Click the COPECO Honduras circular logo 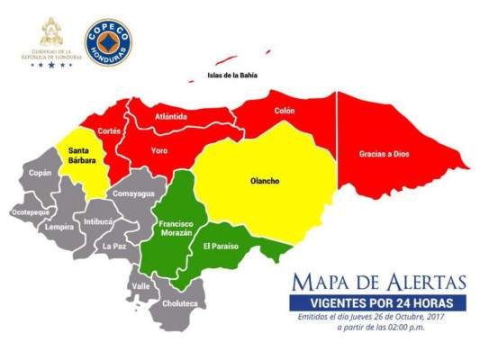[x=107, y=42]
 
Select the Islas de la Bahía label [x=232, y=75]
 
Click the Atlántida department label [x=171, y=116]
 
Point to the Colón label [x=285, y=111]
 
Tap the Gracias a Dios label [x=384, y=154]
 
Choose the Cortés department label [x=109, y=130]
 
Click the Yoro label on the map [x=159, y=149]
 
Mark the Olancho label [x=264, y=181]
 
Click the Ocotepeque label [x=31, y=212]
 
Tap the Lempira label [x=59, y=227]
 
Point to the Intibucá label [x=98, y=220]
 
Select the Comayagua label [x=133, y=193]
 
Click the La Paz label [x=113, y=245]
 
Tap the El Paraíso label [x=221, y=246]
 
